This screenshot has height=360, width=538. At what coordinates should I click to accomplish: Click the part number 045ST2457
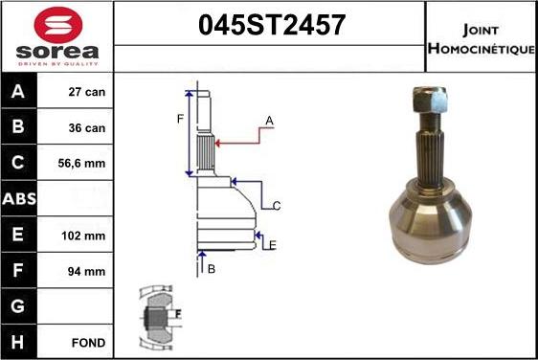click(270, 26)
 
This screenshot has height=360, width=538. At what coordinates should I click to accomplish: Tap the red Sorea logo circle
click(56, 24)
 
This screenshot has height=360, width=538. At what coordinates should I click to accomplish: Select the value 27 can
click(87, 93)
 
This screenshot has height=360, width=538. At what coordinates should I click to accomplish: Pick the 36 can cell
click(87, 126)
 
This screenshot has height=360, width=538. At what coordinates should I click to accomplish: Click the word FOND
click(88, 342)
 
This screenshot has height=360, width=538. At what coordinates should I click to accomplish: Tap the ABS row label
click(20, 199)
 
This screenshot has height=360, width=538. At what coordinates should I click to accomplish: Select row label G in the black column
click(20, 306)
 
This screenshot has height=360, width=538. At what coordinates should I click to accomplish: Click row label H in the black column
click(20, 342)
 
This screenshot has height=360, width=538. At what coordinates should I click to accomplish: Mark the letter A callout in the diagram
click(270, 121)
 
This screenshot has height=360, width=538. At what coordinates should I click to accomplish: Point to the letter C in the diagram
click(276, 206)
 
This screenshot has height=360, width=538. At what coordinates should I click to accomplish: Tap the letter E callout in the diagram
click(273, 245)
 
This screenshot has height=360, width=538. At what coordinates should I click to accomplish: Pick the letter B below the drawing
click(212, 269)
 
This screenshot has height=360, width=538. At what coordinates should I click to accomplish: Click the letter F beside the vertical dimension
click(179, 120)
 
